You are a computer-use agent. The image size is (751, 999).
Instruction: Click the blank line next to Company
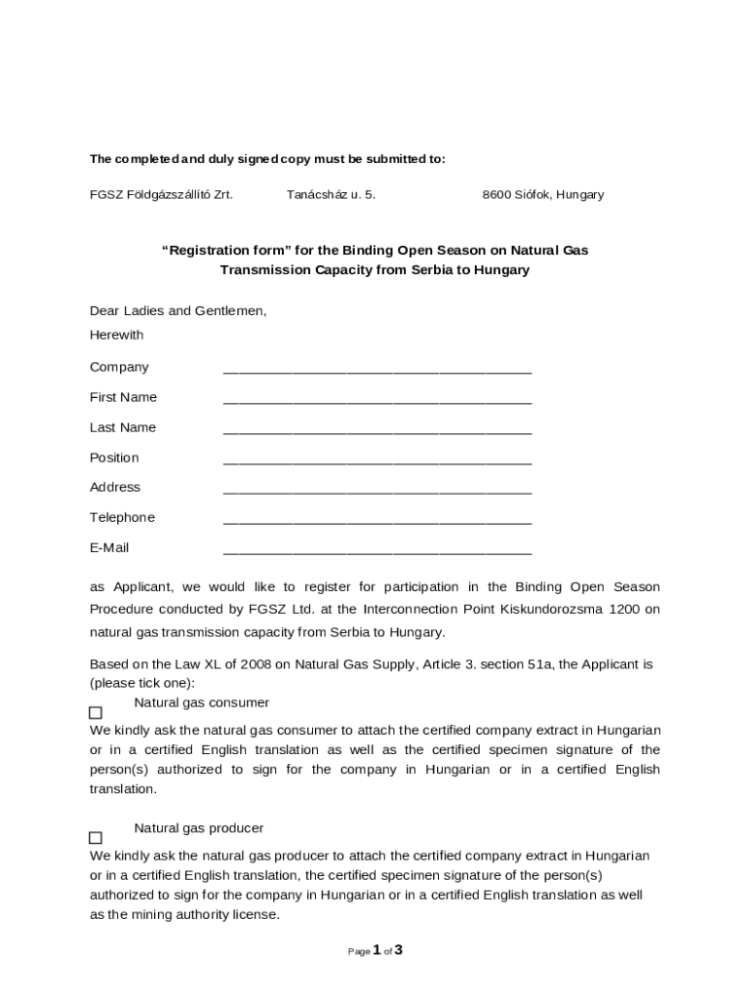(x=376, y=370)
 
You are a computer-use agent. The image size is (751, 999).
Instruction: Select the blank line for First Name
(x=376, y=400)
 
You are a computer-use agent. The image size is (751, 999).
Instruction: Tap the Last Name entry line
(x=376, y=430)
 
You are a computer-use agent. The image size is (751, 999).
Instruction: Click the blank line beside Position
(x=376, y=460)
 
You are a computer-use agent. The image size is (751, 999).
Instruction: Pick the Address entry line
(x=376, y=490)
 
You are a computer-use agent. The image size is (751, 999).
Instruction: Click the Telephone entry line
(x=376, y=520)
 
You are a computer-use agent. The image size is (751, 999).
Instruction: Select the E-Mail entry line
(x=376, y=550)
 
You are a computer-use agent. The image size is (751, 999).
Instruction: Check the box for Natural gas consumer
(x=96, y=713)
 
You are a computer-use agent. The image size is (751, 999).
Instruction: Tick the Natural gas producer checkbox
(x=96, y=838)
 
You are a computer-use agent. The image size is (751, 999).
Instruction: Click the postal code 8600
(x=497, y=195)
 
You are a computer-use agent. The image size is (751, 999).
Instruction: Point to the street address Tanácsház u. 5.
(x=331, y=195)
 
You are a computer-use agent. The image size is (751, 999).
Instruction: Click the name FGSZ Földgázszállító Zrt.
(x=161, y=195)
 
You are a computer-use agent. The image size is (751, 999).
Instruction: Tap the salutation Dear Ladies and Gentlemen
(x=178, y=311)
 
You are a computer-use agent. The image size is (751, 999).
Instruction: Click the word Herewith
(x=116, y=335)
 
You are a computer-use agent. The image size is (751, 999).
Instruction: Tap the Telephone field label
(x=122, y=517)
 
